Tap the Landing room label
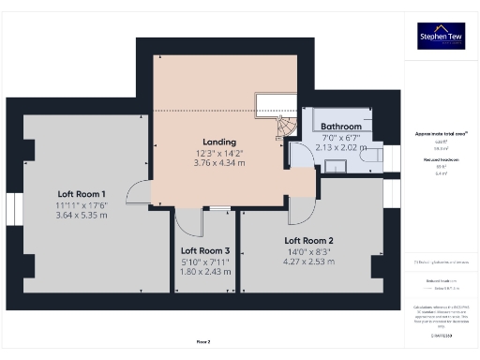pos(218,141)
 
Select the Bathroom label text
pos(341,127)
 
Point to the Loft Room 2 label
pos(309,240)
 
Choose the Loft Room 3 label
pos(205,250)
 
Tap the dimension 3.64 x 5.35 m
pos(82,215)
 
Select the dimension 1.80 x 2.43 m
pos(205,272)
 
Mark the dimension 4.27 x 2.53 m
pos(309,262)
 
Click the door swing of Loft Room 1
pos(138,191)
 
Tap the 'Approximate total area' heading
pos(440,134)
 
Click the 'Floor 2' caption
pos(203,342)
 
